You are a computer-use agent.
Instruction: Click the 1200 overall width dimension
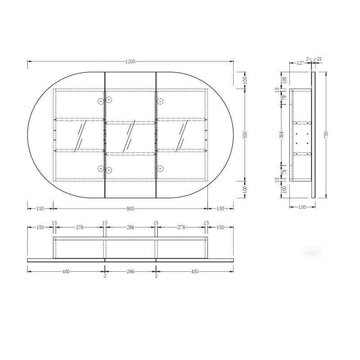(131, 61)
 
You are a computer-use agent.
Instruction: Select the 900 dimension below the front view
(130, 208)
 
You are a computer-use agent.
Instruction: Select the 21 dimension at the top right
(319, 59)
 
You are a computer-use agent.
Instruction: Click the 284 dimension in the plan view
(131, 227)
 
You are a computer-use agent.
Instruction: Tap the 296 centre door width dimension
(130, 271)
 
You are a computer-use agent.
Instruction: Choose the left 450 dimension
(66, 271)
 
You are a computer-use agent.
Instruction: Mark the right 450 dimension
(195, 271)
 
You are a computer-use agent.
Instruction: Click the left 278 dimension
(80, 227)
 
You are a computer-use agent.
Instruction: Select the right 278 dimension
(181, 227)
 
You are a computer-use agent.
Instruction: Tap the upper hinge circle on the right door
(160, 102)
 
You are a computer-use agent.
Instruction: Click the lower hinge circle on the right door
(160, 169)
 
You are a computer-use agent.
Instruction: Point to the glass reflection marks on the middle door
(131, 135)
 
